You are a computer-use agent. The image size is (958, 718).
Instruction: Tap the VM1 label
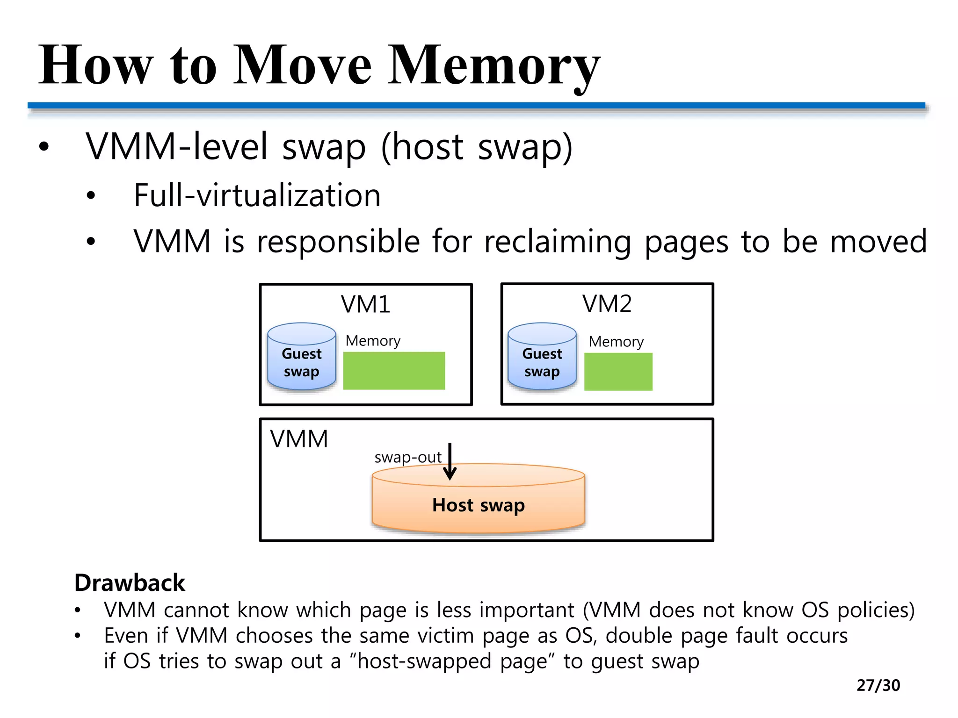click(365, 304)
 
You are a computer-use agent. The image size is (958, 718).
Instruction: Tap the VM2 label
click(607, 304)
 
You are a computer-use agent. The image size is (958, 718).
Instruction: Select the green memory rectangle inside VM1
click(394, 371)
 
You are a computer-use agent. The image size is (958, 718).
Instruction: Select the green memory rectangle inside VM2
click(618, 372)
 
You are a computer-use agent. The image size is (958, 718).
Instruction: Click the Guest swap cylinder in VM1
click(301, 357)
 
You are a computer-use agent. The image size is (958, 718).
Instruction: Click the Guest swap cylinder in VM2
click(542, 357)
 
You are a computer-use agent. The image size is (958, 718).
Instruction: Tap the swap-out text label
click(407, 457)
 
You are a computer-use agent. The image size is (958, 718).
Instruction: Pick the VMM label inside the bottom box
click(299, 439)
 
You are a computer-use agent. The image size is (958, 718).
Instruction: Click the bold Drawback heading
click(130, 583)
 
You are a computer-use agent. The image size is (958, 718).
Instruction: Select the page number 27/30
click(878, 685)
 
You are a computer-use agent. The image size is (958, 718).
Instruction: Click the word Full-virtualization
click(257, 195)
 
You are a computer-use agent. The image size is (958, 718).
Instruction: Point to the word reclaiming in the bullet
click(557, 242)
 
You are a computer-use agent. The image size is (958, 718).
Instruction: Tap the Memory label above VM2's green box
click(616, 342)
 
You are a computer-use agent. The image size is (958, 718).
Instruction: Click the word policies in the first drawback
click(875, 610)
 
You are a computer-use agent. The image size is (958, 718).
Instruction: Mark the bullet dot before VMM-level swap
click(44, 147)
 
